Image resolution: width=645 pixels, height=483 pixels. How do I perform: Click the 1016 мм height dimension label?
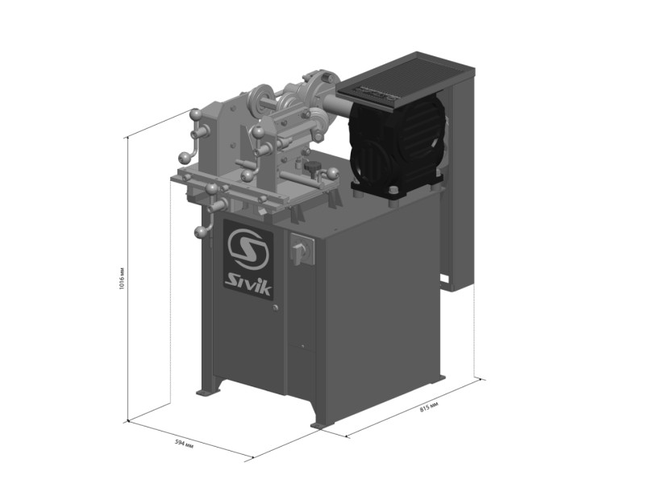(x=122, y=278)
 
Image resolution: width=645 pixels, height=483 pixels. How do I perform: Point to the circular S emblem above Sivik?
(x=248, y=250)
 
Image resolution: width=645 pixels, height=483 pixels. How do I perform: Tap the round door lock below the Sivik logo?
(x=275, y=308)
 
